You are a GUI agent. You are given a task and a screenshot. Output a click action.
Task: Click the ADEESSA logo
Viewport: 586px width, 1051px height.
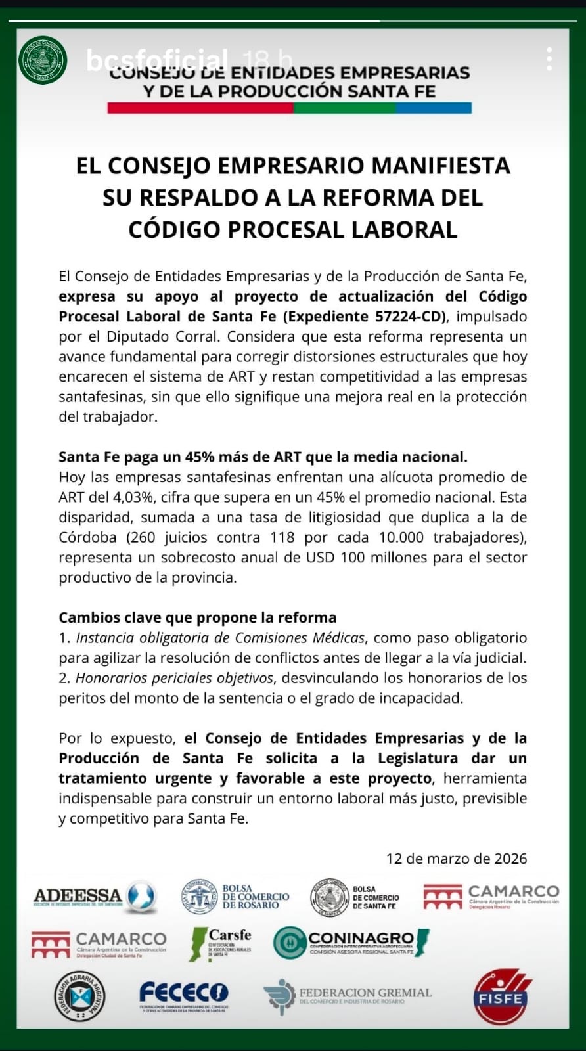coord(95,897)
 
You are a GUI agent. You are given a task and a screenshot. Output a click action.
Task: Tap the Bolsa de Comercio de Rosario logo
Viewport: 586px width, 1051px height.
coord(235,897)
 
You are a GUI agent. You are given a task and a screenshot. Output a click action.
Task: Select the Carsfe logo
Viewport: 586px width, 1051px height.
coord(221,944)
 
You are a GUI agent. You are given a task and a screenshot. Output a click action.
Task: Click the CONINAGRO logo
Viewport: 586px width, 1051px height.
coord(351,943)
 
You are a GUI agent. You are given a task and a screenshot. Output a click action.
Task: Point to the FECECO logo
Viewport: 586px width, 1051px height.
coord(184,995)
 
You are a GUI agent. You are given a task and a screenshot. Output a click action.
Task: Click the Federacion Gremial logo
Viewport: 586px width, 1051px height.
coord(348,996)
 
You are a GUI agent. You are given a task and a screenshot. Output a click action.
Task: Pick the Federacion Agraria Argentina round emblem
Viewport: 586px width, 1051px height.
coord(79,996)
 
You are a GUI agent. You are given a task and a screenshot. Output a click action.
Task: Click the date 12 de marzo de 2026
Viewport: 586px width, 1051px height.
coord(456,859)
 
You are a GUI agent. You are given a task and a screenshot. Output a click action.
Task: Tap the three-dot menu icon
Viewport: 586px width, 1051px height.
coord(549,60)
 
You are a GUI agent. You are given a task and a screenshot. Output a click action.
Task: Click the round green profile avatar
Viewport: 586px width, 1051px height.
coord(43,60)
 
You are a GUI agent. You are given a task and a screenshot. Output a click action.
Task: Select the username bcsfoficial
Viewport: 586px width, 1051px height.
coord(157,60)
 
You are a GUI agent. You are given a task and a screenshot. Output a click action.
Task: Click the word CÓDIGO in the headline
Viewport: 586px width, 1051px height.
coord(174,229)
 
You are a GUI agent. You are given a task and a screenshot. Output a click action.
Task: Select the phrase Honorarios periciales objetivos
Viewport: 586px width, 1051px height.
coord(174,678)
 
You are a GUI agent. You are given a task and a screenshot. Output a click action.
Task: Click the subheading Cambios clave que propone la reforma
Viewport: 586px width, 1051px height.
coord(197,617)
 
